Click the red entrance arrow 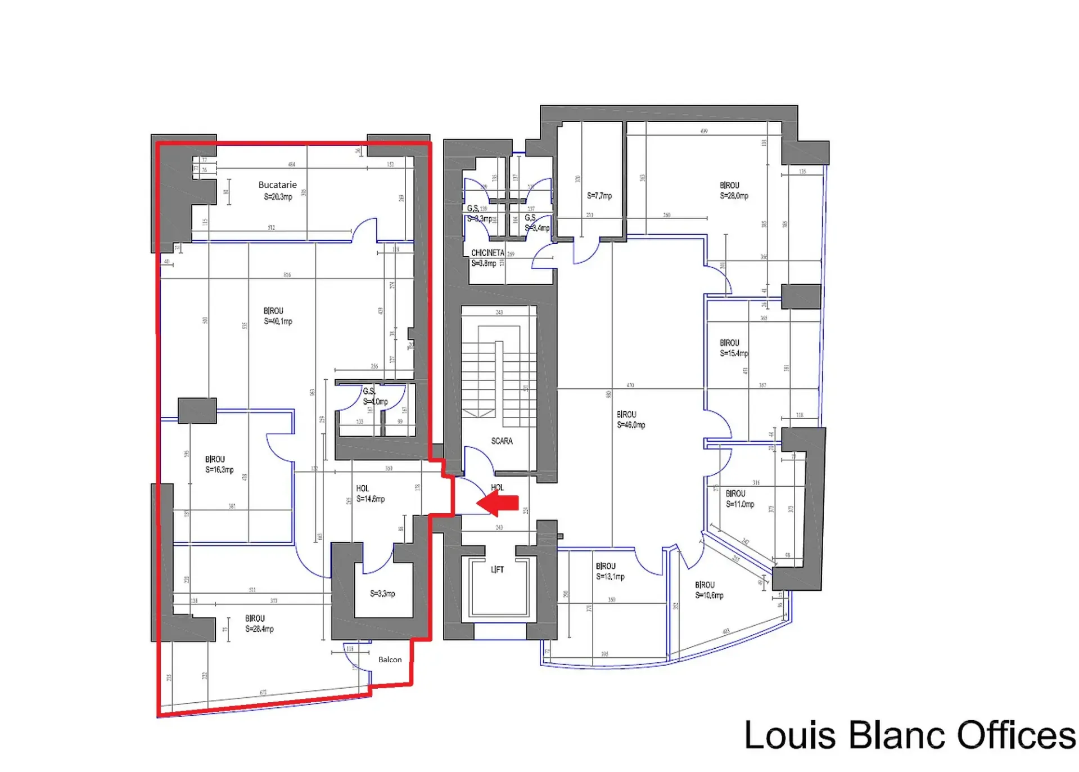pos(498,502)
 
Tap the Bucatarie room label pos(278,191)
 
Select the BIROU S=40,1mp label pos(278,316)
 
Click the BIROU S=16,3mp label pos(219,465)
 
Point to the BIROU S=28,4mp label pos(259,623)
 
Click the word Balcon pos(390,659)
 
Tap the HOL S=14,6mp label pos(370,493)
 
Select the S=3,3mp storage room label pos(382,594)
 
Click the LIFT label pos(497,569)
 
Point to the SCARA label pos(502,441)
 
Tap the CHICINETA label pos(487,253)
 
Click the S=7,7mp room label pos(599,196)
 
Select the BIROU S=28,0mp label pos(734,191)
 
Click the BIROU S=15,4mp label pos(733,348)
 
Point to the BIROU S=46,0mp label pos(630,420)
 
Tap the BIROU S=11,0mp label pos(739,499)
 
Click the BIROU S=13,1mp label pos(610,571)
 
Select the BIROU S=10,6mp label pos(708,590)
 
